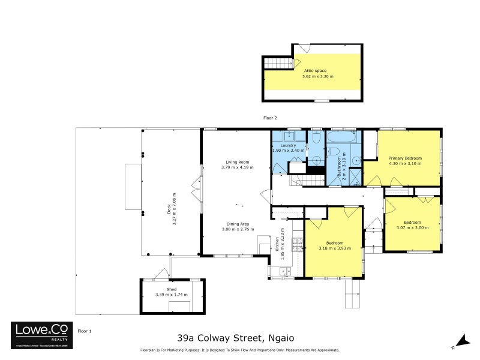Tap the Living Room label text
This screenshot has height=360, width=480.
(237, 162)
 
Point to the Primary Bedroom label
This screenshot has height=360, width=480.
(405, 158)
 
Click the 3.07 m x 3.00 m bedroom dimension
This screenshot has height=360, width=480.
(412, 227)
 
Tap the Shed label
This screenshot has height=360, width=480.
(171, 289)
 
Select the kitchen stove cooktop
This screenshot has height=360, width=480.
(296, 244)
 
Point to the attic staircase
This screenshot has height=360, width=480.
(277, 64)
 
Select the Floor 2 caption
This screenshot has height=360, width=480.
(270, 118)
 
